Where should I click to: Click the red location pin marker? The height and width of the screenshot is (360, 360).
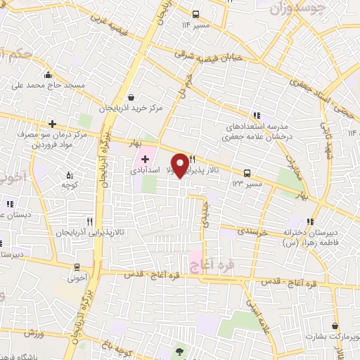coord(181,164)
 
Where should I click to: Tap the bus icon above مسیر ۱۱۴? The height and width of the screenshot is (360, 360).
coord(196,13)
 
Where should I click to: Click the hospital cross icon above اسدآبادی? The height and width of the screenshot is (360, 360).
coord(145,160)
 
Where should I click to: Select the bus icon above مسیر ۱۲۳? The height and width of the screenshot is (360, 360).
coord(247,172)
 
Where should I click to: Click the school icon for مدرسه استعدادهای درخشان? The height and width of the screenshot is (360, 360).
coord(257,115)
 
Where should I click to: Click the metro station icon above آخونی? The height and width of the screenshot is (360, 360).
coord(77,267)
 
